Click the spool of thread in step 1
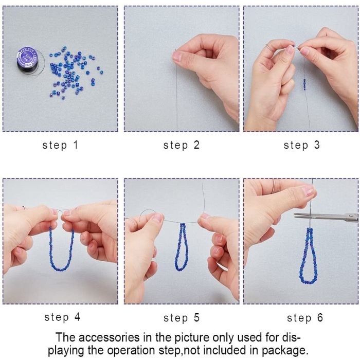tap(28, 60)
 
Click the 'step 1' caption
tap(60, 146)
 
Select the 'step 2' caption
tap(182, 146)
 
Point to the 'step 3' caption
tap(302, 146)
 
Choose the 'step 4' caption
tap(62, 317)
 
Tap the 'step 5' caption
tap(182, 318)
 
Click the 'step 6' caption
tap(305, 318)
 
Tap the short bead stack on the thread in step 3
tap(304, 84)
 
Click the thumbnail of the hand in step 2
tap(177, 56)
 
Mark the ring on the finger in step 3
tap(269, 47)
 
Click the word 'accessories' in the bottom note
tap(107, 337)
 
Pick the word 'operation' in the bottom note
tap(131, 351)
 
